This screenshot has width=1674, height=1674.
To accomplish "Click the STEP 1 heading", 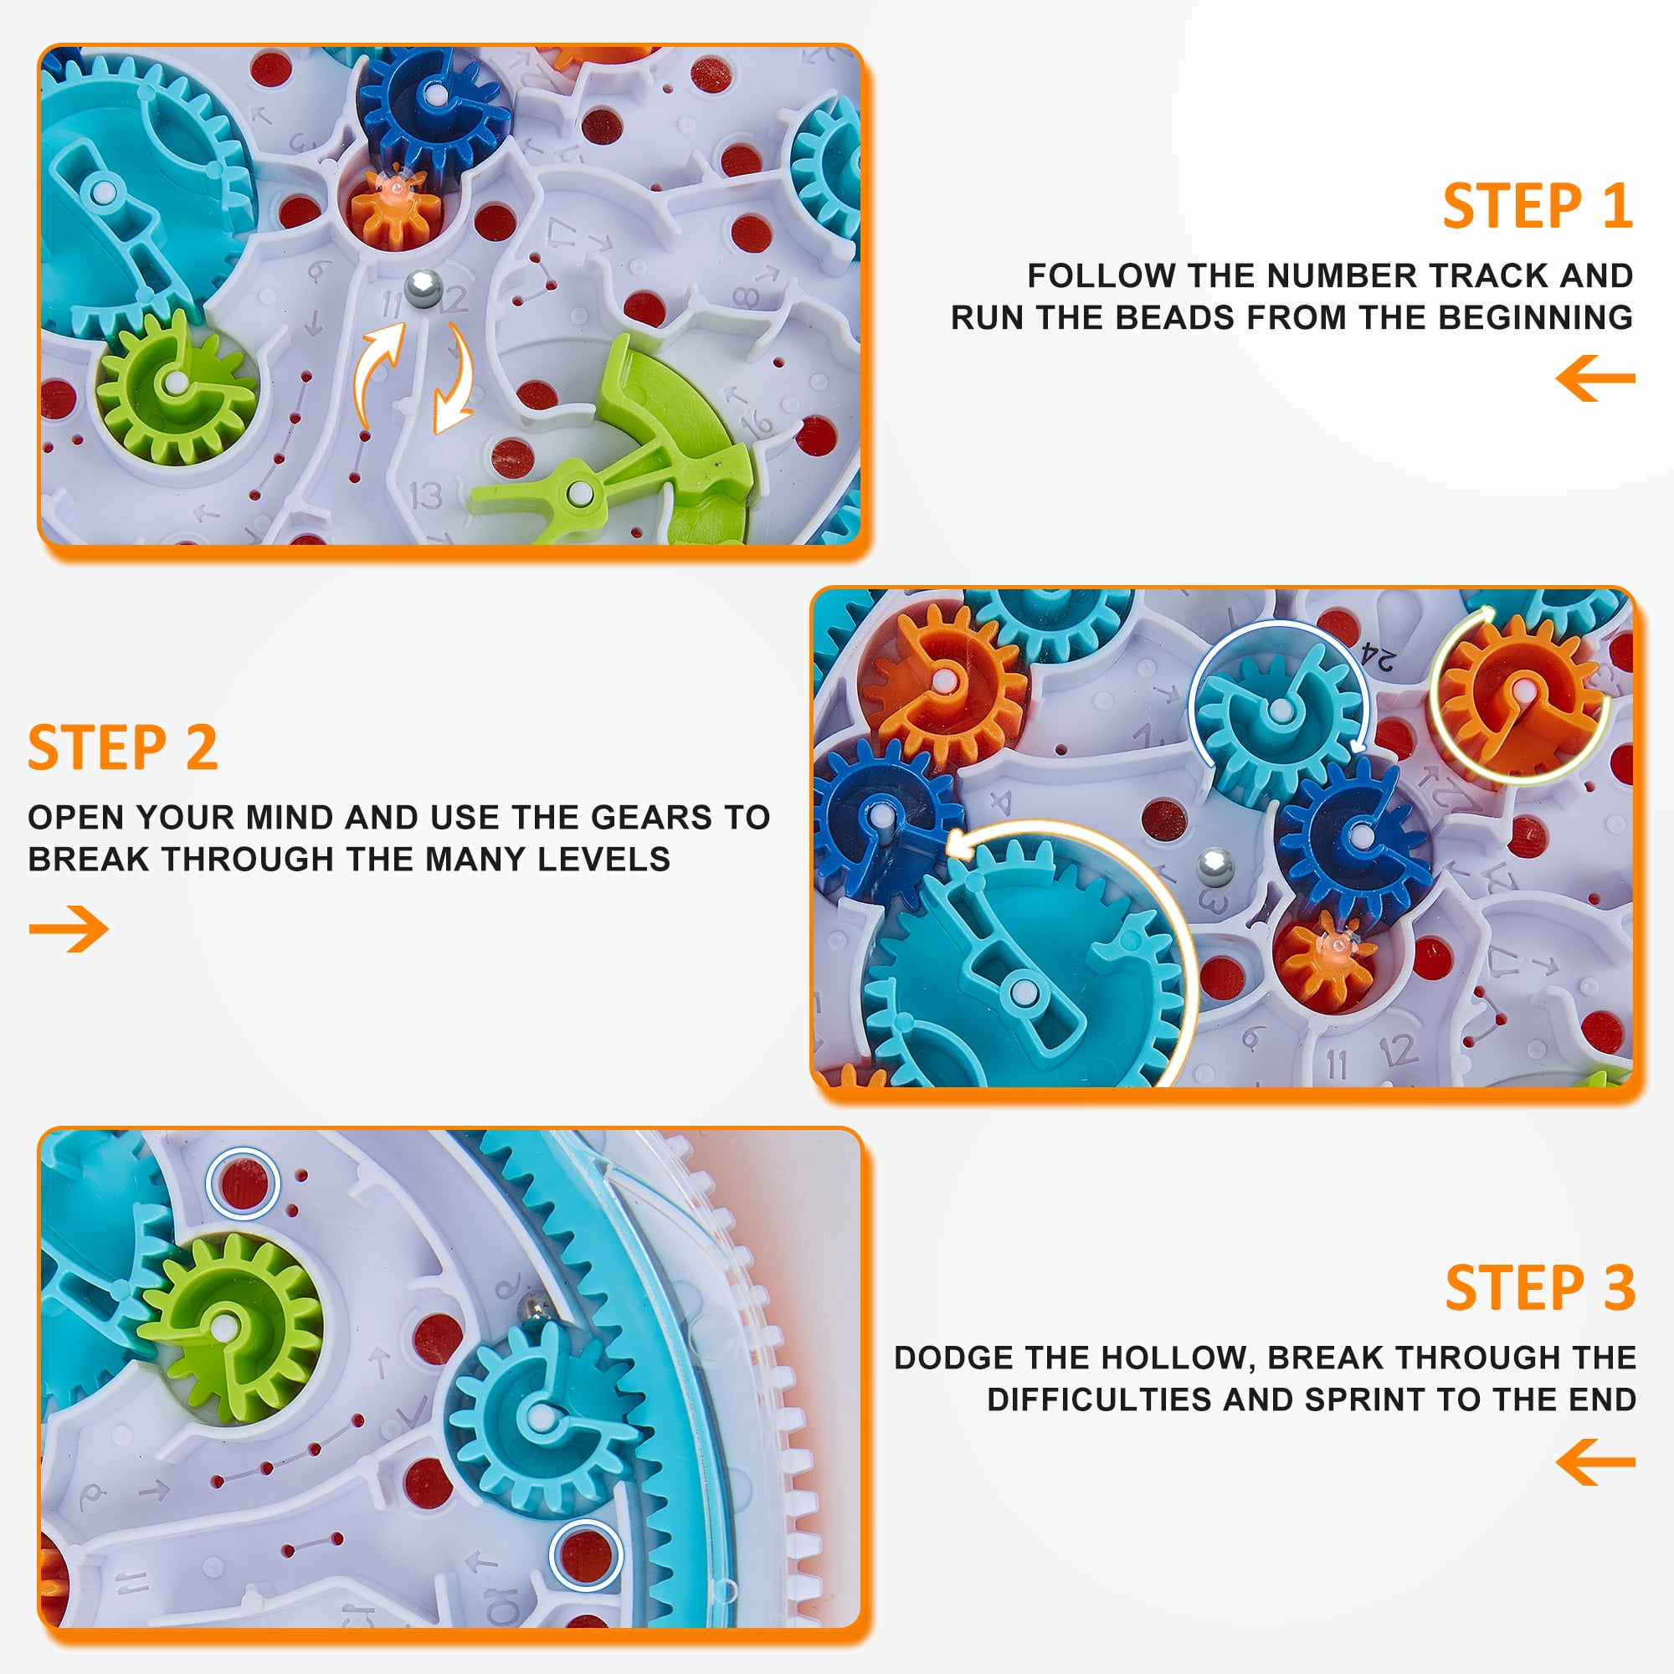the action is tap(1537, 206).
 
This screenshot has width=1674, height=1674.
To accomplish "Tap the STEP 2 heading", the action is tap(123, 747).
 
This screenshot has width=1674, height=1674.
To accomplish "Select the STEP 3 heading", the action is tap(1541, 1287).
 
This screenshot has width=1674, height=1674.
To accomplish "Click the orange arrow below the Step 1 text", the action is tap(1595, 377).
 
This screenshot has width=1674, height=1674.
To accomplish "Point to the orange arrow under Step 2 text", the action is tap(69, 929).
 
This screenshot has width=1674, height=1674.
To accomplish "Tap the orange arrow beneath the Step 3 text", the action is tap(1595, 1461).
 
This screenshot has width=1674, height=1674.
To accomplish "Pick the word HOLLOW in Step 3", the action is tap(1182, 1358).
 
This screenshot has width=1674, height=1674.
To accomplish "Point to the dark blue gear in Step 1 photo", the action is tap(435, 105).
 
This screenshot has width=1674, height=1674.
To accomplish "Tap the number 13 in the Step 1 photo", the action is tap(424, 496).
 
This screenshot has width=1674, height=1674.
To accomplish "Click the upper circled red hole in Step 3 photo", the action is tap(244, 1183).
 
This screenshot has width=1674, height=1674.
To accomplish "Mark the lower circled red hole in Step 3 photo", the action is tap(586, 1555).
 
